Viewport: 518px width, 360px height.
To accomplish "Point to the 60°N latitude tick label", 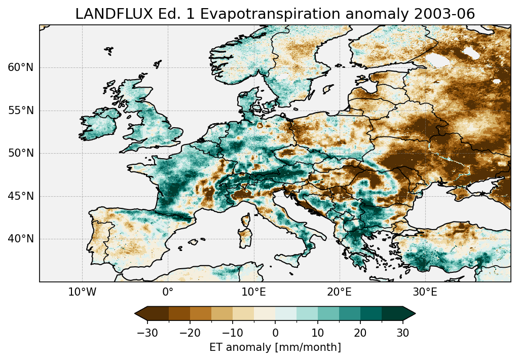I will pyautogui.click(x=21, y=67).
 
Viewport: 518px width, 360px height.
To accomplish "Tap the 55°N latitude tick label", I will pyautogui.click(x=21, y=111).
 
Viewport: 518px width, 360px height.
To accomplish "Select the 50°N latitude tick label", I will pyautogui.click(x=21, y=153).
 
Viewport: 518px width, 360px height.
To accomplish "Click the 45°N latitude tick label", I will pyautogui.click(x=21, y=196).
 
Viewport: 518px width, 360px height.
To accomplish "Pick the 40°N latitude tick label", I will pyautogui.click(x=21, y=239).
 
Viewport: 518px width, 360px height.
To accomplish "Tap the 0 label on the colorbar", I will pyautogui.click(x=275, y=333).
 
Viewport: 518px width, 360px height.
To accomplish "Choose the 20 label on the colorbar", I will pyautogui.click(x=360, y=333).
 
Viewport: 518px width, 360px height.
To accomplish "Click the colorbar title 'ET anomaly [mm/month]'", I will pyautogui.click(x=275, y=347).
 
